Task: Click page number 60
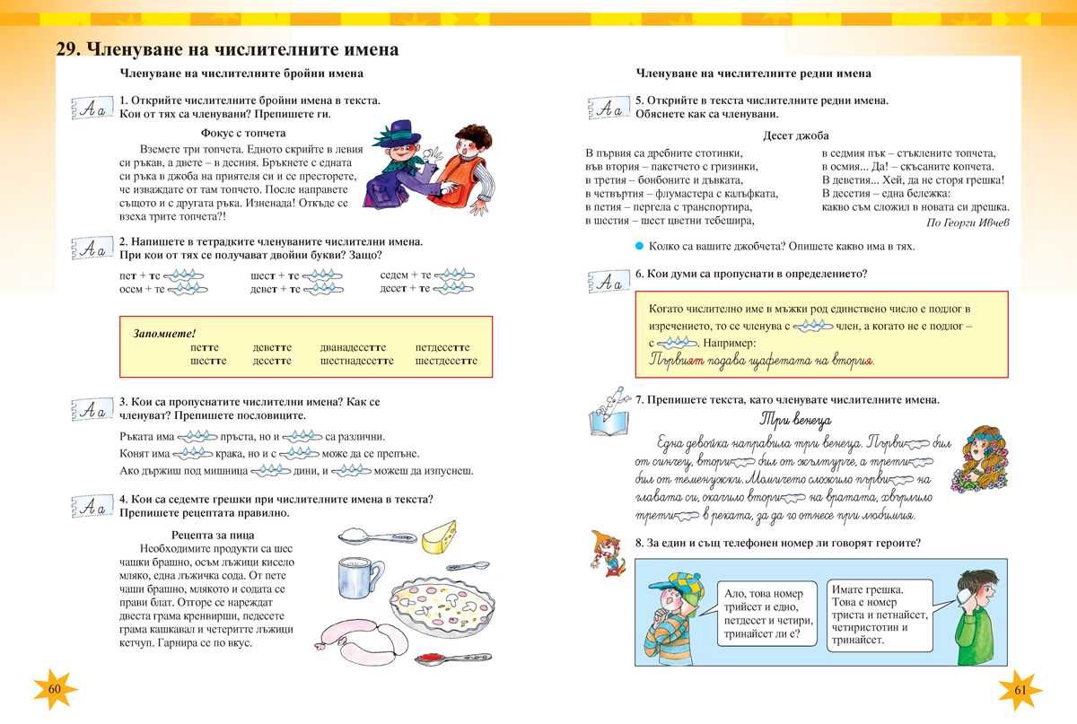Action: tap(54, 688)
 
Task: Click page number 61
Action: tap(1020, 689)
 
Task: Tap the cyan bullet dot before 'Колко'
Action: tap(639, 247)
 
